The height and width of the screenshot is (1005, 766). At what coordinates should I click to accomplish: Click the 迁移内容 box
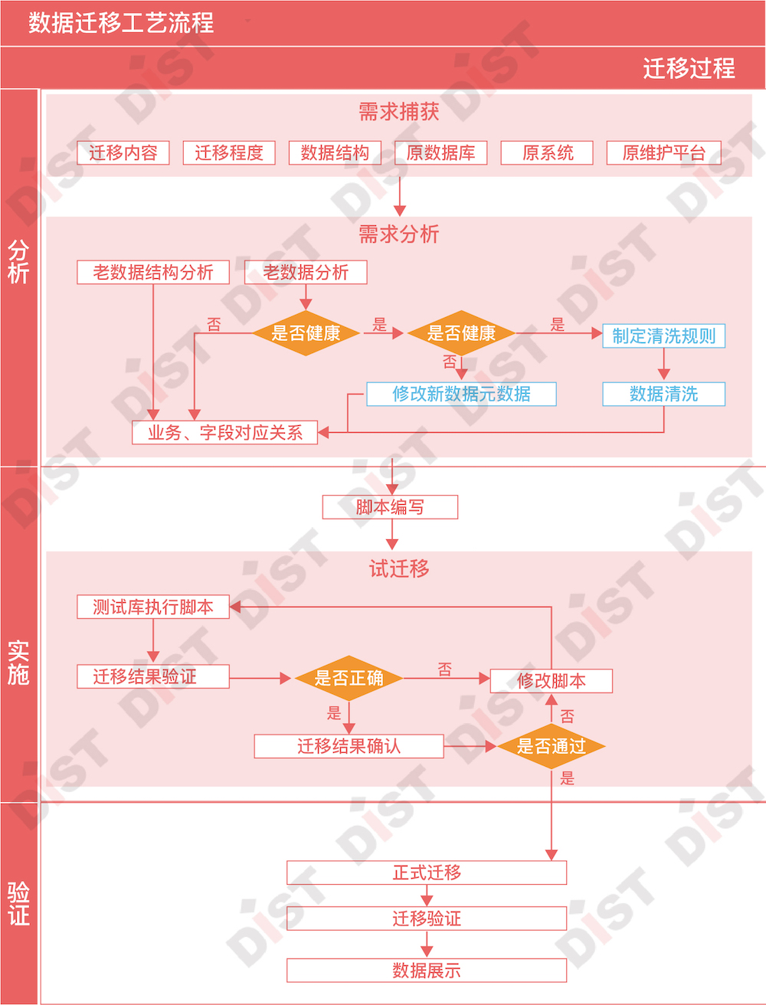[123, 153]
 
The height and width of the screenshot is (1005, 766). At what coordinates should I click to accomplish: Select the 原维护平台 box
[663, 153]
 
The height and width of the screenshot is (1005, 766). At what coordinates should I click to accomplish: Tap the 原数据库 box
[440, 153]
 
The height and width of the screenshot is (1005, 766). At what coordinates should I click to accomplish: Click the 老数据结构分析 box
[153, 272]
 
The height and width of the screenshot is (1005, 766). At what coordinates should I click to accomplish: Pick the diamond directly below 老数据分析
[306, 333]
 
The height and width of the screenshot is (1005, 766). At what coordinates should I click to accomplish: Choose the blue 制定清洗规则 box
[663, 336]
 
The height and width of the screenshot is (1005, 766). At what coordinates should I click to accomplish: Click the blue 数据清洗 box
[663, 394]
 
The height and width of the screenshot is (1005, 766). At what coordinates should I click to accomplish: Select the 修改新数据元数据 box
[461, 394]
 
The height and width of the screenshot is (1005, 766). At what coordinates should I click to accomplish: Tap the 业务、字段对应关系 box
[224, 432]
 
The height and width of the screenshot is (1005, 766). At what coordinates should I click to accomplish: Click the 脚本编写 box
[390, 507]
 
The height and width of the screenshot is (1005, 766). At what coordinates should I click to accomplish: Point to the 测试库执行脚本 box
[153, 607]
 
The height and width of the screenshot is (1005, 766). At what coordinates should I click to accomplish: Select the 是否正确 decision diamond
[349, 678]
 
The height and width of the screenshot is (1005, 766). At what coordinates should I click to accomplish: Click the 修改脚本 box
[551, 681]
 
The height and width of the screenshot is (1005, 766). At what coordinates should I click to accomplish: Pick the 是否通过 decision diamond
[551, 746]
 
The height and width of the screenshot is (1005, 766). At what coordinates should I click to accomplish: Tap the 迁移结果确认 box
[349, 746]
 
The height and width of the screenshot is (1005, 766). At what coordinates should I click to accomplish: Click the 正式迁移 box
[427, 872]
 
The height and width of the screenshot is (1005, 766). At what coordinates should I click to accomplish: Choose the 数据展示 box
[427, 970]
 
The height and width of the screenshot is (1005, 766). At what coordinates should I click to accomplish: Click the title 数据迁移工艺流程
[121, 23]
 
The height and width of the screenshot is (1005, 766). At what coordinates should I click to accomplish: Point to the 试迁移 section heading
[399, 568]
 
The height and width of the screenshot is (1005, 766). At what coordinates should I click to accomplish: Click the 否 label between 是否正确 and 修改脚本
[445, 669]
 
